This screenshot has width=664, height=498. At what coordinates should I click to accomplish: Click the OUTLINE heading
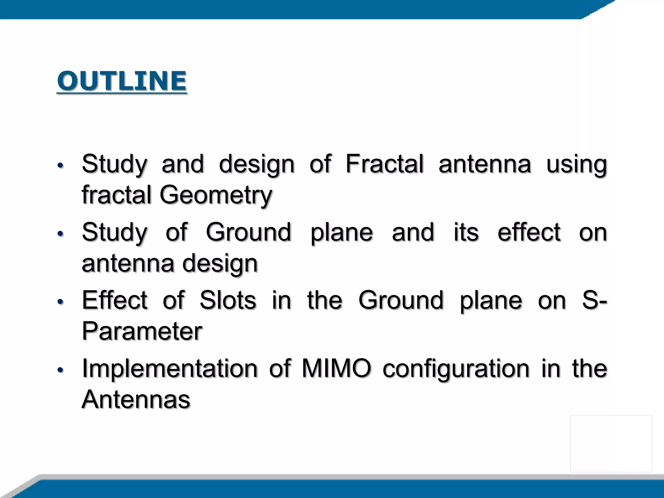point(122,81)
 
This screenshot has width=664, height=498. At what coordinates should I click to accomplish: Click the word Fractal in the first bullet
point(385,164)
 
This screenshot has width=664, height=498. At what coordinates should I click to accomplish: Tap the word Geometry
point(216,195)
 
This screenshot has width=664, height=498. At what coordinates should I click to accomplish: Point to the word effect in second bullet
point(529,232)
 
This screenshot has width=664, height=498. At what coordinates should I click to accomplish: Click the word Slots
point(228,300)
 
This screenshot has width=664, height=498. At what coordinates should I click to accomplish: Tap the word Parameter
point(142,331)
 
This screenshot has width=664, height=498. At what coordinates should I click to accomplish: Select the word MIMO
point(336,369)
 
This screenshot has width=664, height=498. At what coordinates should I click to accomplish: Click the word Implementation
point(170,369)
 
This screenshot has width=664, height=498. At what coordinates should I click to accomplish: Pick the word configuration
point(456,369)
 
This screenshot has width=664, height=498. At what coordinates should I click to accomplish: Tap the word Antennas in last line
point(136,399)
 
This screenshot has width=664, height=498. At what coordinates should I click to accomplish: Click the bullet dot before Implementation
point(60,370)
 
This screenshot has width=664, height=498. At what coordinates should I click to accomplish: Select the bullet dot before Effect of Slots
point(60,302)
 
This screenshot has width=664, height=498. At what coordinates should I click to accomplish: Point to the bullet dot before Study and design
point(60,166)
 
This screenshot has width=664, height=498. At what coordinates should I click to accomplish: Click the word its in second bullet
point(466,232)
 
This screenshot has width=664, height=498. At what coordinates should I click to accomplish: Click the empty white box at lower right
point(611,443)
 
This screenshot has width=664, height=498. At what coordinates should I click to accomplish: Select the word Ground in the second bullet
point(248,232)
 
